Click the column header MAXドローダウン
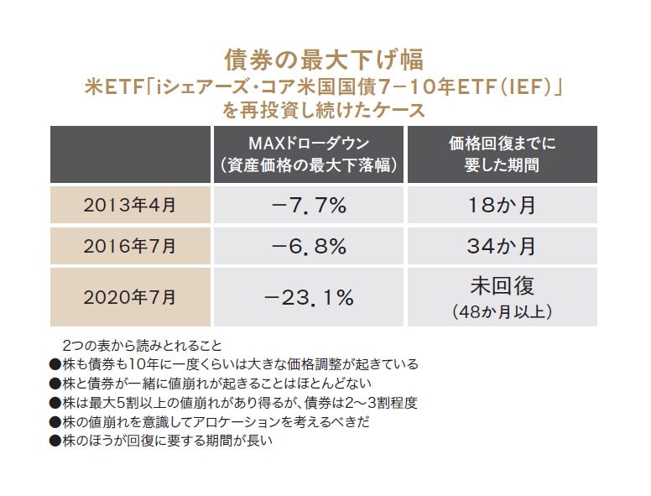pyautogui.click(x=309, y=144)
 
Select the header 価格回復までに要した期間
pyautogui.click(x=502, y=154)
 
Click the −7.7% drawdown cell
pyautogui.click(x=309, y=205)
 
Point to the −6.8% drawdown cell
pyautogui.click(x=309, y=246)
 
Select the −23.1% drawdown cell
pyautogui.click(x=309, y=296)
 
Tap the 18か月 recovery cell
pyautogui.click(x=502, y=205)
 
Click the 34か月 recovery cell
pyautogui.click(x=502, y=246)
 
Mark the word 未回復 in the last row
pyautogui.click(x=502, y=285)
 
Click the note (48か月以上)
pyautogui.click(x=502, y=311)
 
